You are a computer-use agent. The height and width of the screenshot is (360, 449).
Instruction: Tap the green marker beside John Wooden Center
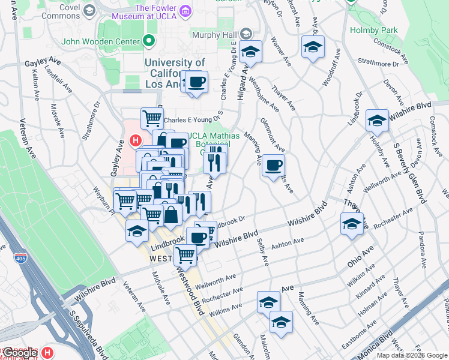tap(149, 41)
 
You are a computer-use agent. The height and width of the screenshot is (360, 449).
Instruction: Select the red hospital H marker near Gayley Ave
tap(136, 142)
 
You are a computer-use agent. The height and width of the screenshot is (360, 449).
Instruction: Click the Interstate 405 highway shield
tap(20, 257)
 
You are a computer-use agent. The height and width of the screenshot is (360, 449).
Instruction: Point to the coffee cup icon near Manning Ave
tap(273, 165)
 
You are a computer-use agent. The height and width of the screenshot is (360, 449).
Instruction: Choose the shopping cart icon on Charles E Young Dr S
tap(152, 118)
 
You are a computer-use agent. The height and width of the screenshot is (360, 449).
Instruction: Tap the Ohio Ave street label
tap(360, 257)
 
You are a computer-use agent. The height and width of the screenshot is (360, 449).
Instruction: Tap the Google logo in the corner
tap(20, 353)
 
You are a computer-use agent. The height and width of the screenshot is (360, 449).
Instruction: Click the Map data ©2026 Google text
tap(411, 355)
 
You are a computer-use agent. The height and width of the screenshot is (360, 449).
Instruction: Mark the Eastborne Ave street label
tap(343, 333)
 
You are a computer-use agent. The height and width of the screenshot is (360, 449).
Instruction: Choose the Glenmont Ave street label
tap(273, 134)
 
